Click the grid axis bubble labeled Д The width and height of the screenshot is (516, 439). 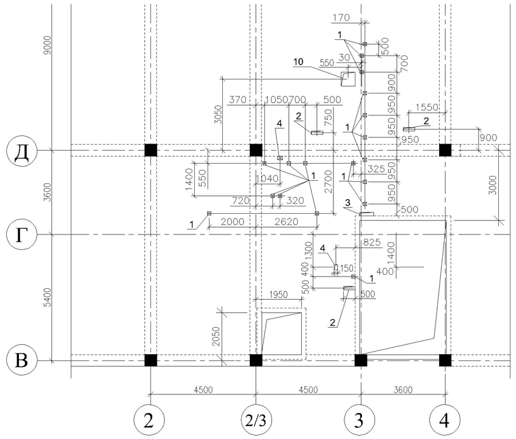pyautogui.click(x=21, y=151)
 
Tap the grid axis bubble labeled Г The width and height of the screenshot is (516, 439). pyautogui.click(x=21, y=234)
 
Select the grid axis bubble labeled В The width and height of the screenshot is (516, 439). pyautogui.click(x=21, y=361)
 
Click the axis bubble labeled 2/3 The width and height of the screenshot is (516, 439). pyautogui.click(x=256, y=419)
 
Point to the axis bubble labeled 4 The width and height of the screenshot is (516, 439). pyautogui.click(x=445, y=419)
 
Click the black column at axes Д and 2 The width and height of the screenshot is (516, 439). pyautogui.click(x=151, y=150)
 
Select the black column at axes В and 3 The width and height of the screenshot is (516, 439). pyautogui.click(x=361, y=360)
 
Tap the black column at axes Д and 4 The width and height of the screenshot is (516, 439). pyautogui.click(x=445, y=150)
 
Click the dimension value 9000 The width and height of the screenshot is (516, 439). pyautogui.click(x=48, y=45)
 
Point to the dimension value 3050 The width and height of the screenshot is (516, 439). pyautogui.click(x=218, y=115)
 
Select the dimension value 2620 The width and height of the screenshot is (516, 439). pyautogui.click(x=286, y=222)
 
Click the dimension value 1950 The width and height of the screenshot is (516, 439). pyautogui.click(x=278, y=294)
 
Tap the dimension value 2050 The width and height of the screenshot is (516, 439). pyautogui.click(x=216, y=336)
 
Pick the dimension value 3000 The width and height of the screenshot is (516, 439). pyautogui.click(x=493, y=185)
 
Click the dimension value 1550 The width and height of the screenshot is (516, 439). pyautogui.click(x=427, y=107)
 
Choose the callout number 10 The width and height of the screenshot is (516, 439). pyautogui.click(x=299, y=62)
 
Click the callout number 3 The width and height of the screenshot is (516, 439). pyautogui.click(x=348, y=202)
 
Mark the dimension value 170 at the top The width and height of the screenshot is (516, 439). pyautogui.click(x=341, y=18)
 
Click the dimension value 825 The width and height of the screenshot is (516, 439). pyautogui.click(x=371, y=242)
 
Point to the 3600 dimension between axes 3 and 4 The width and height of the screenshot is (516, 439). pyautogui.click(x=403, y=390)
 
